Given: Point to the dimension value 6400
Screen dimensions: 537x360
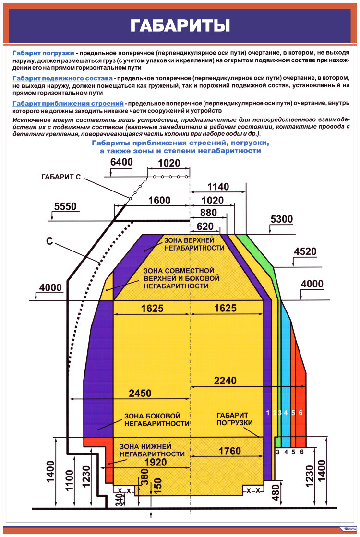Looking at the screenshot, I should pos(121,162).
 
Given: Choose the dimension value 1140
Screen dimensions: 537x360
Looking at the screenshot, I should pos(218,187).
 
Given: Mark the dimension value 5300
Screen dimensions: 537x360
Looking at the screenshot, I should pos(281,219).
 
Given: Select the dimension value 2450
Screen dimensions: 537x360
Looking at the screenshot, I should pos(140,394).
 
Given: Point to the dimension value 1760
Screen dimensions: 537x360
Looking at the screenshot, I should pos(229,451).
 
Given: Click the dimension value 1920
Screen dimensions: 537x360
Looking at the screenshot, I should pos(155,462).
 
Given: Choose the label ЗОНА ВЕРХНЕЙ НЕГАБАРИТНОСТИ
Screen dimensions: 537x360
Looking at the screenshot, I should pos(194,244).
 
